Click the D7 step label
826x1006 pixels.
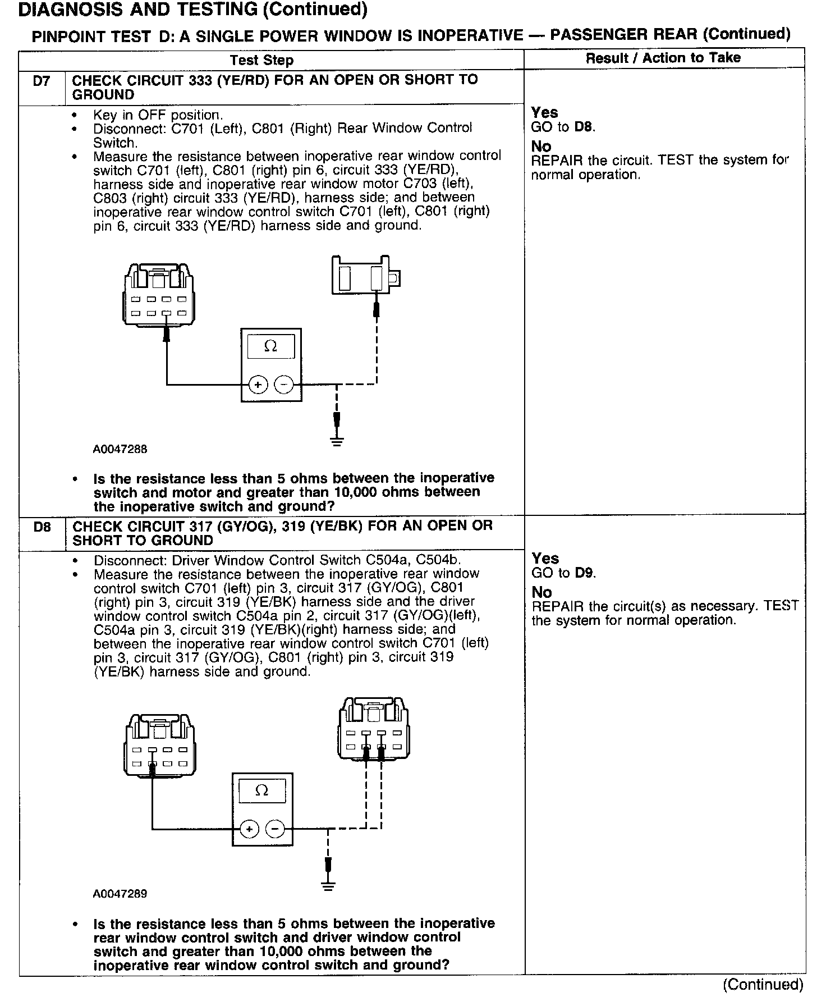point(42,81)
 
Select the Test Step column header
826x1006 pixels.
point(261,60)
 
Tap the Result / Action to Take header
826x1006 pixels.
point(663,58)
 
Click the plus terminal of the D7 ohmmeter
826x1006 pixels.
point(258,385)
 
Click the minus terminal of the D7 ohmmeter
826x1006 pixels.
point(284,385)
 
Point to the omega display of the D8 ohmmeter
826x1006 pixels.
point(262,791)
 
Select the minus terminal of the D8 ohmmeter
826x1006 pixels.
point(275,829)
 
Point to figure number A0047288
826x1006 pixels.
point(120,449)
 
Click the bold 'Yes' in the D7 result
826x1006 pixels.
point(545,112)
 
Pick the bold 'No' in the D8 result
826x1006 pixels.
point(542,592)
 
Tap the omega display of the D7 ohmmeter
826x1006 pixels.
point(270,346)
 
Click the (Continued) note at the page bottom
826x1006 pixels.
point(763,984)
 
